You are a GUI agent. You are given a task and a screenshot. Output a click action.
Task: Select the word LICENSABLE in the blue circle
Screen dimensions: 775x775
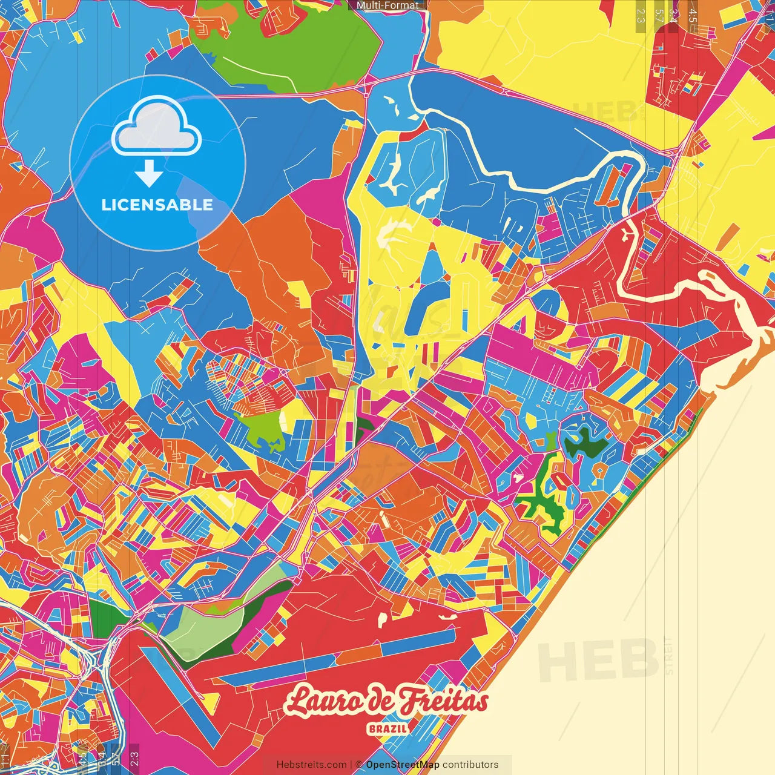[157, 205]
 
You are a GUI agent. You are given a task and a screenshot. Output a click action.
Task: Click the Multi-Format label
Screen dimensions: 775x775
[387, 5]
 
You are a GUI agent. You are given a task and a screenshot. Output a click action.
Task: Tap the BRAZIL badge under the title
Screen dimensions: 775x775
[387, 728]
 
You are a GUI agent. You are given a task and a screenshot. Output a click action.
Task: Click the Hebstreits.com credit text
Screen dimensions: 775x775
[311, 765]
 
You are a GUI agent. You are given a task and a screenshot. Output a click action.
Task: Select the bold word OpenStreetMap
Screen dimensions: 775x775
[403, 765]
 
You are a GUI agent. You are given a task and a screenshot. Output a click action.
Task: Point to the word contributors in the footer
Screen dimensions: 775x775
[470, 765]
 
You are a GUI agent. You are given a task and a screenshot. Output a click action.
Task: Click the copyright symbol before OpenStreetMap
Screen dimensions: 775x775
[358, 765]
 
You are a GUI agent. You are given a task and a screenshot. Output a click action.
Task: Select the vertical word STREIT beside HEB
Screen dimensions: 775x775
[668, 655]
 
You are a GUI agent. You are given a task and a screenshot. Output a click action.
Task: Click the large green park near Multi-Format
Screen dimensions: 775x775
[285, 45]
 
